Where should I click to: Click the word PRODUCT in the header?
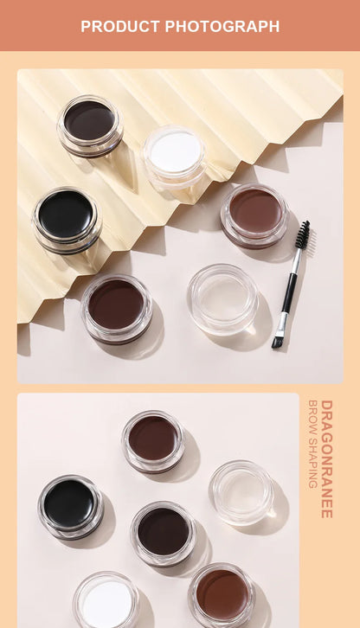[x=120, y=26]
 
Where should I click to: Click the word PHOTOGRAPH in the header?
[x=222, y=26]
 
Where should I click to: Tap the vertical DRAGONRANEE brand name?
[x=326, y=458]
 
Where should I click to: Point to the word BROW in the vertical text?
[x=312, y=414]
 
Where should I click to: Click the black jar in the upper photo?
[x=66, y=215]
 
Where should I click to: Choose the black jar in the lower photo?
[x=70, y=504]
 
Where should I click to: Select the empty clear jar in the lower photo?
[x=241, y=490]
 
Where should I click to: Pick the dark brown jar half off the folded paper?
[x=116, y=306]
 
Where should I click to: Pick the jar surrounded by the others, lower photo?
[x=163, y=532]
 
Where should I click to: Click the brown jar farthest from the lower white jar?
[x=152, y=439]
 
